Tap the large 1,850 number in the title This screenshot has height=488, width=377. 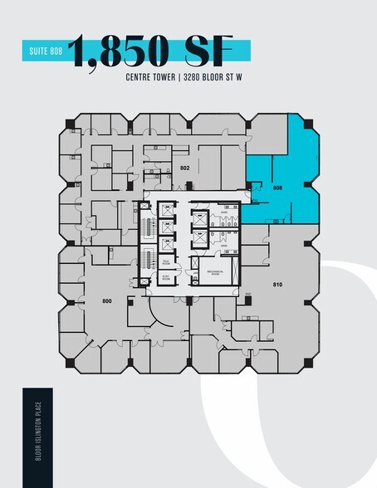pyautogui.click(x=125, y=53)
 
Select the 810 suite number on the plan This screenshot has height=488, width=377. pyautogui.click(x=278, y=284)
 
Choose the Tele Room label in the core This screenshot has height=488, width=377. pyautogui.click(x=165, y=263)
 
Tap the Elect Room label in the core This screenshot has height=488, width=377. pyautogui.click(x=165, y=280)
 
